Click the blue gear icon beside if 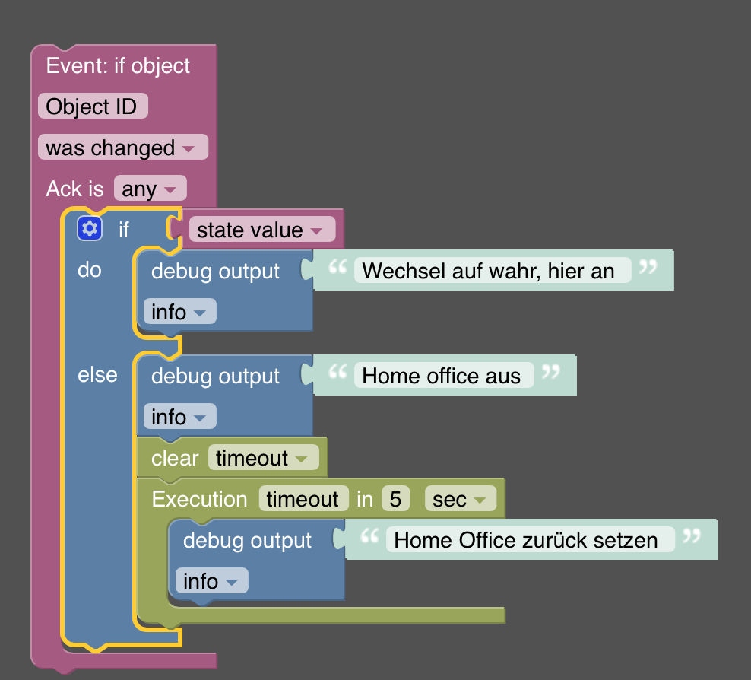coord(90,228)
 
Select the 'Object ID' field coord(92,106)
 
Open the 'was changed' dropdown coord(122,148)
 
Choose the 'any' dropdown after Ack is coord(149,189)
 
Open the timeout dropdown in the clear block coord(263,458)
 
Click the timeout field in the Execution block coord(303,499)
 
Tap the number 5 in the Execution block coord(395,499)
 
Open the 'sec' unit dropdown coord(460,499)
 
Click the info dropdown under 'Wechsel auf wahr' coord(179,312)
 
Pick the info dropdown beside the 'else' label coord(179,417)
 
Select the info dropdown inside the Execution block coord(211,581)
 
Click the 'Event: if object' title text coord(118,65)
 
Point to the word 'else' coord(97,374)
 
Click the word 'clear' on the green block coord(174,458)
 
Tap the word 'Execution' coord(199,499)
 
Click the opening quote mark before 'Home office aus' coord(337,372)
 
